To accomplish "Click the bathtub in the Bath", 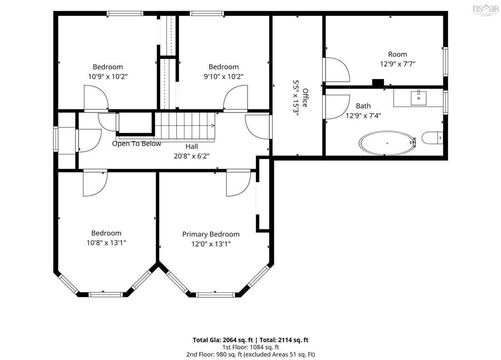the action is [387, 143].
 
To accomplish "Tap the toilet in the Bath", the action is [432, 138].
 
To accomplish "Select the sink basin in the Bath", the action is [418, 98].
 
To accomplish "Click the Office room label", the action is [305, 98].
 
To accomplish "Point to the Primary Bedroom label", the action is [211, 234].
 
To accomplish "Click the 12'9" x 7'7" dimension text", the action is [397, 64].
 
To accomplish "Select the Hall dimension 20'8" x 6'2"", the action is [192, 156].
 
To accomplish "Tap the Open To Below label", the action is [137, 143].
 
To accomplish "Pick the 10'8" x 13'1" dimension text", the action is [106, 243].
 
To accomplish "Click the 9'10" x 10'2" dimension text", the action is [223, 77].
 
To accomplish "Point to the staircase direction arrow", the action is [213, 126].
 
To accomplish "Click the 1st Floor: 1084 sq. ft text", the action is [250, 347].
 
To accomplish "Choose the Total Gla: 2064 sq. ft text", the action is [223, 340].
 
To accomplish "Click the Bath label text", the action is [363, 106].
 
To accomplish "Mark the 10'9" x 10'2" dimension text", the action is [108, 77].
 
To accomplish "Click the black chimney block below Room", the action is [378, 83].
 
